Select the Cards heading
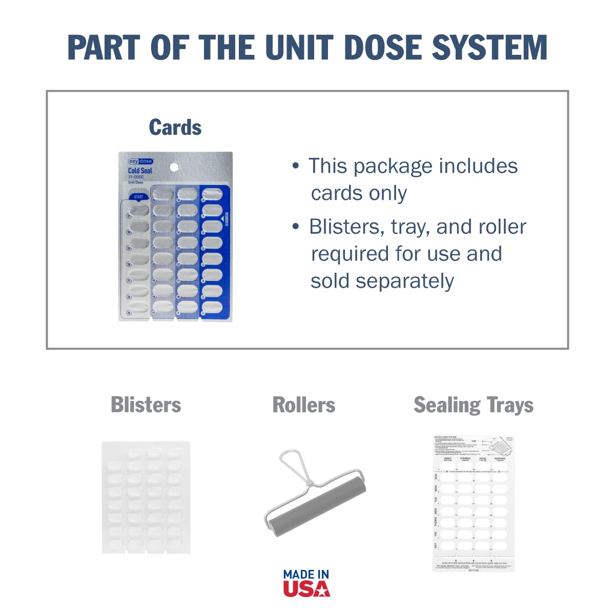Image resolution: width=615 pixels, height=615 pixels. click(x=175, y=128)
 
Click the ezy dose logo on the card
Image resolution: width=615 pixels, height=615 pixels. click(x=140, y=161)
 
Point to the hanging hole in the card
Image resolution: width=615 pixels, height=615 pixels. click(x=174, y=167)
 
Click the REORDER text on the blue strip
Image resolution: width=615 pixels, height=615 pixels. click(x=226, y=218)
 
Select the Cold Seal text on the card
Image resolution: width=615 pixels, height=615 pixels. click(x=140, y=171)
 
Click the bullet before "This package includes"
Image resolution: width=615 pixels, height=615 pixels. click(x=295, y=166)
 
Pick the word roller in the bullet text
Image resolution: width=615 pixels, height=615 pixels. click(x=500, y=227)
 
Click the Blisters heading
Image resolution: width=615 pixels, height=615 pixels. click(x=146, y=405)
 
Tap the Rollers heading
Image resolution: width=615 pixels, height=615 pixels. click(x=304, y=405)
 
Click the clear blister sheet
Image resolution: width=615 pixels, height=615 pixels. click(x=146, y=497)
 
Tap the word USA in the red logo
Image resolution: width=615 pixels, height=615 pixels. click(x=306, y=588)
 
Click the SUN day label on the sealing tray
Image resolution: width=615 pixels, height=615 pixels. click(x=436, y=476)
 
